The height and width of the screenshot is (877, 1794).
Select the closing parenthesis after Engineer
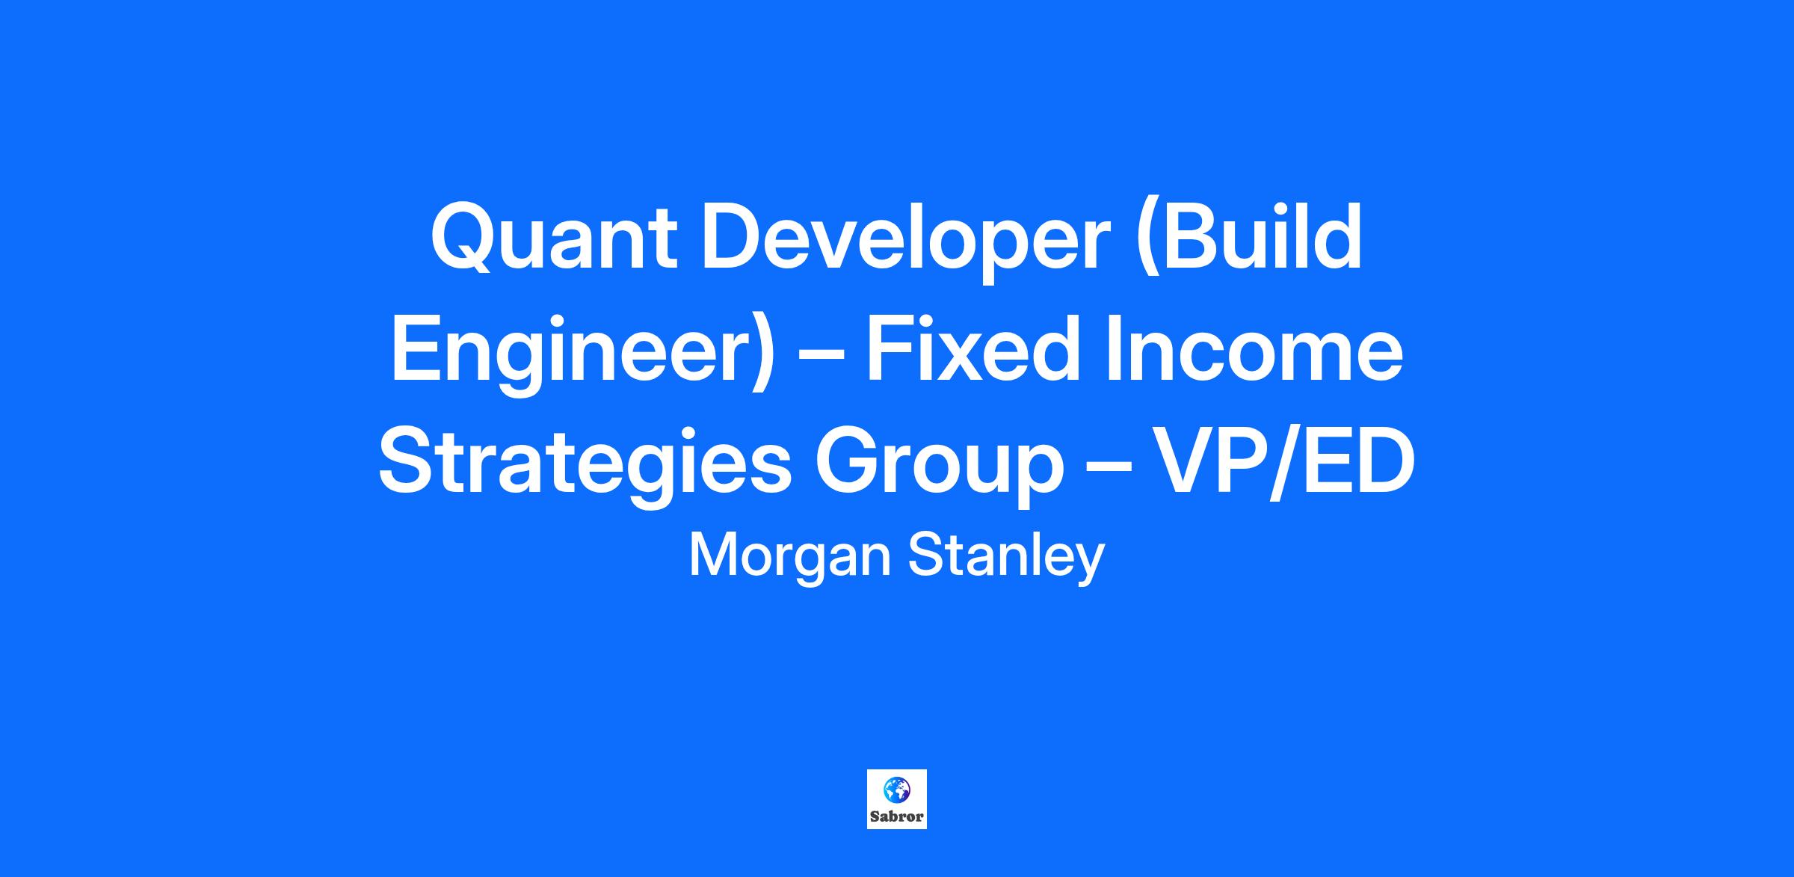[762, 357]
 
